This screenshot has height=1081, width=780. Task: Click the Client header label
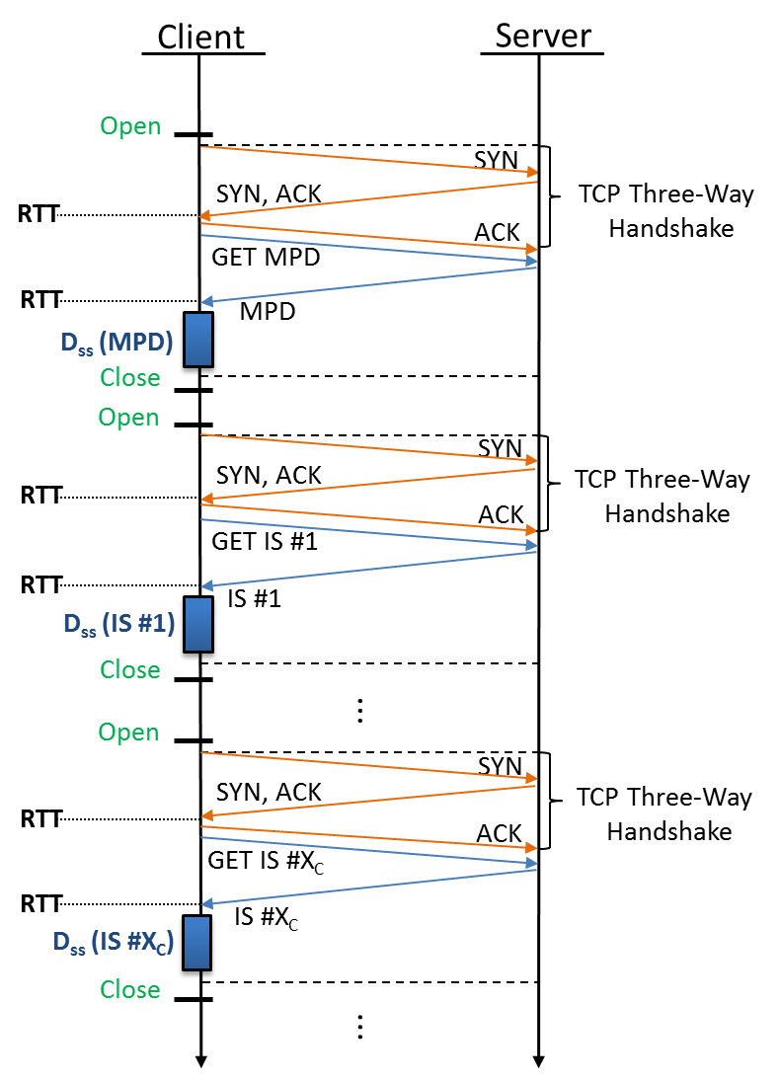pyautogui.click(x=201, y=38)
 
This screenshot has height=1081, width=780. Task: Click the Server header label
pyautogui.click(x=543, y=37)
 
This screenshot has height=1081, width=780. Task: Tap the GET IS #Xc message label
pyautogui.click(x=266, y=860)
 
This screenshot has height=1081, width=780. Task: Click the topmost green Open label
pyautogui.click(x=130, y=126)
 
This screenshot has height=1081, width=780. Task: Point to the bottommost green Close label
pyautogui.click(x=130, y=989)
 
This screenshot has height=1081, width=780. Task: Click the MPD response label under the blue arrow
pyautogui.click(x=267, y=312)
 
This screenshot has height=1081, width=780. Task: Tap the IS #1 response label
pyautogui.click(x=255, y=598)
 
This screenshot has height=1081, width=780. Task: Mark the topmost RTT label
pyautogui.click(x=39, y=213)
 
